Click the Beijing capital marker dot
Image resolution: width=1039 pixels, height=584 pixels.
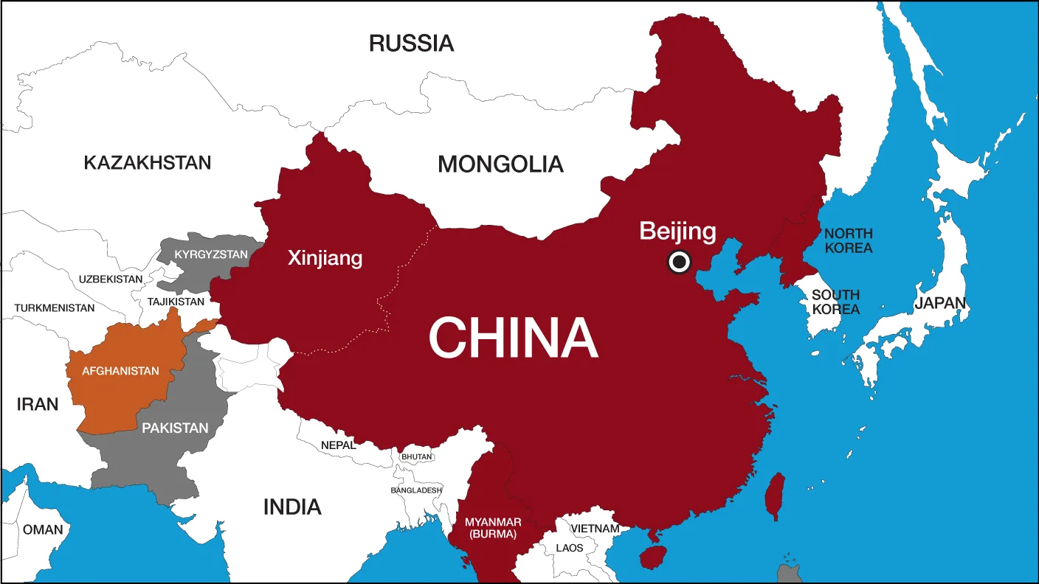(678, 262)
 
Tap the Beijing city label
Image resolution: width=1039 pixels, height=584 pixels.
(677, 231)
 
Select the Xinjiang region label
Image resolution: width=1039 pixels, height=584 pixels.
(325, 258)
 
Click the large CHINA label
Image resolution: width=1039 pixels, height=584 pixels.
(513, 338)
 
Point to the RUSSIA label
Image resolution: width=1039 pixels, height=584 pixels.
(411, 44)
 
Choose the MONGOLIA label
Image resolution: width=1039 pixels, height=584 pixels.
(500, 164)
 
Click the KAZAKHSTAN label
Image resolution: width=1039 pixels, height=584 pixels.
(147, 162)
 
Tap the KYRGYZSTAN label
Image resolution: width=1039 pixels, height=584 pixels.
(211, 254)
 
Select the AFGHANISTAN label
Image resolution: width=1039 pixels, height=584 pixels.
(120, 371)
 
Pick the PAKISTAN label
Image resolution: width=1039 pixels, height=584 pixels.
(175, 428)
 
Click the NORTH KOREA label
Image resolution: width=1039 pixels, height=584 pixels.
(849, 240)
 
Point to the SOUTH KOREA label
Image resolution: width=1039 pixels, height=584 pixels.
(835, 302)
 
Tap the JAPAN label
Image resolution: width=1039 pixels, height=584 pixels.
(940, 303)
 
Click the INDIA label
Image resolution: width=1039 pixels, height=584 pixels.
(292, 507)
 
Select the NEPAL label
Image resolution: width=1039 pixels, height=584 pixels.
(338, 445)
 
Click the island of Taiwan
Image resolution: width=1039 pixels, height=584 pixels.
(774, 496)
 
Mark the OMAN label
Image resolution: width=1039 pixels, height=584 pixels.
(43, 529)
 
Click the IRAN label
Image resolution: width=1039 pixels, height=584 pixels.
(37, 404)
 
